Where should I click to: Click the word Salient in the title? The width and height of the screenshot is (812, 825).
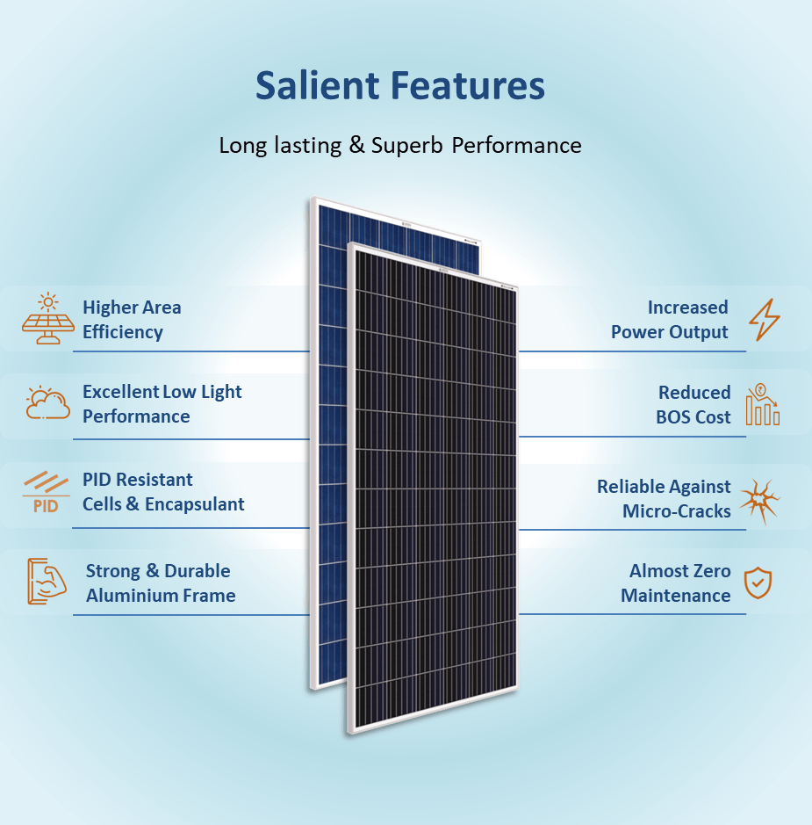318,85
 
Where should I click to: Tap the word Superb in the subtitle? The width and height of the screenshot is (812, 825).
406,146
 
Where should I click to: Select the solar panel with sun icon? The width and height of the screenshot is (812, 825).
47,318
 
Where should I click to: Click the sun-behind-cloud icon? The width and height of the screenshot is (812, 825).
47,403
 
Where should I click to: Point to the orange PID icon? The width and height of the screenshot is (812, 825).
46,492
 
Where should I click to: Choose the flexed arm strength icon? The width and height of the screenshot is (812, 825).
47,581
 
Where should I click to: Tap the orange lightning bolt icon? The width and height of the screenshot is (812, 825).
765,320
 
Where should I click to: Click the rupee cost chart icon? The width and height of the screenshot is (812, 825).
763,404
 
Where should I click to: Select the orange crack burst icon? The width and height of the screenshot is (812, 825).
760,501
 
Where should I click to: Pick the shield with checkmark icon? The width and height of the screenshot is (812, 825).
758,583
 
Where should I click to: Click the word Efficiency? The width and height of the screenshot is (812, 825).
122,332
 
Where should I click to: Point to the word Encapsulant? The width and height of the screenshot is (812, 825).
195,504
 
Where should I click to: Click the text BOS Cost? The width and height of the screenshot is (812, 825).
693,417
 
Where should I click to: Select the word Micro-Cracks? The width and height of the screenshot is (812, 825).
677,510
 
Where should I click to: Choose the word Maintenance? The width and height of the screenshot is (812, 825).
675,596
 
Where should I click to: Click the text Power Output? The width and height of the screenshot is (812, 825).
669,332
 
